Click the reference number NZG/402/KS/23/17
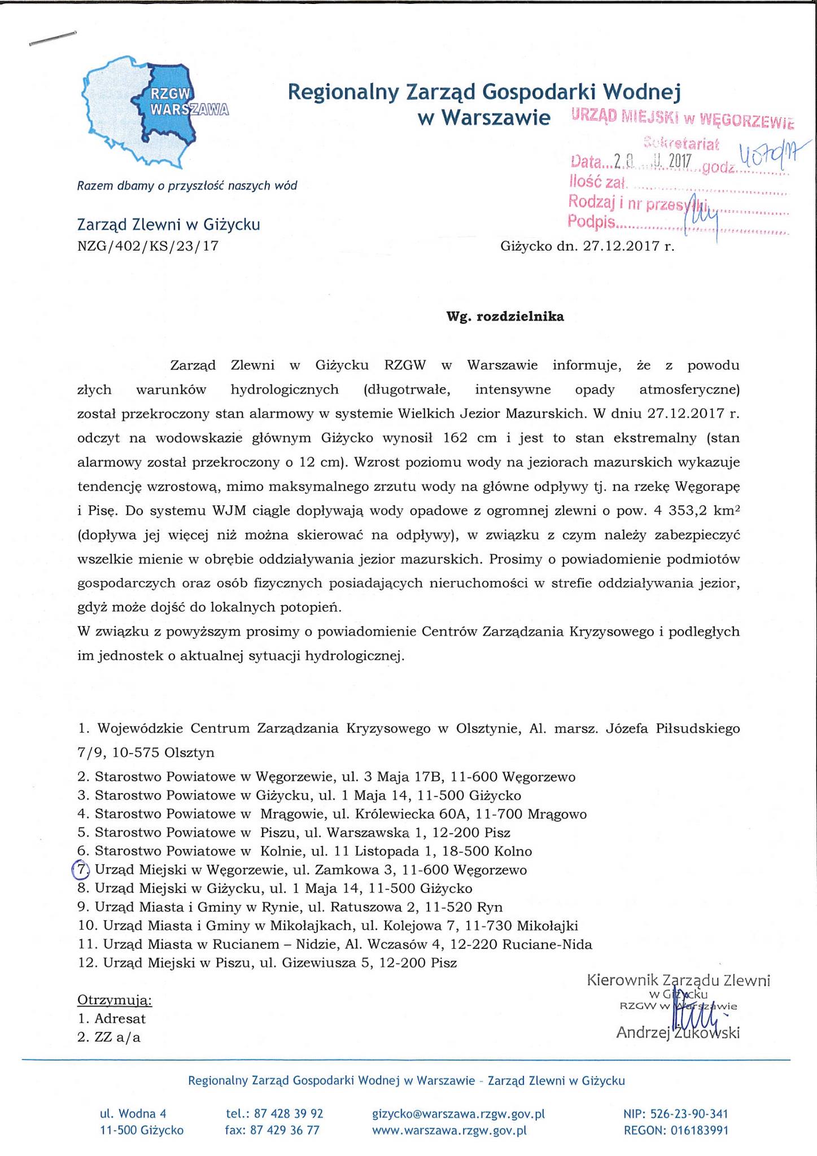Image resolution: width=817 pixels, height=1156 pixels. (x=147, y=246)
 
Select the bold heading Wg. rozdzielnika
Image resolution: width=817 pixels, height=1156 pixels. (x=505, y=317)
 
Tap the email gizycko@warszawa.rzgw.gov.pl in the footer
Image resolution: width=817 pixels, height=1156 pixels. (x=458, y=1114)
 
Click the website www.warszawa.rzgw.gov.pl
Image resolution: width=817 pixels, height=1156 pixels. (x=449, y=1130)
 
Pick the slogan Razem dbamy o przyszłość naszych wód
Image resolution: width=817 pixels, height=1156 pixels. (x=187, y=186)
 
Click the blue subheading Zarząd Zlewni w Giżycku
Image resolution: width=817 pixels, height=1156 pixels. (x=168, y=225)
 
